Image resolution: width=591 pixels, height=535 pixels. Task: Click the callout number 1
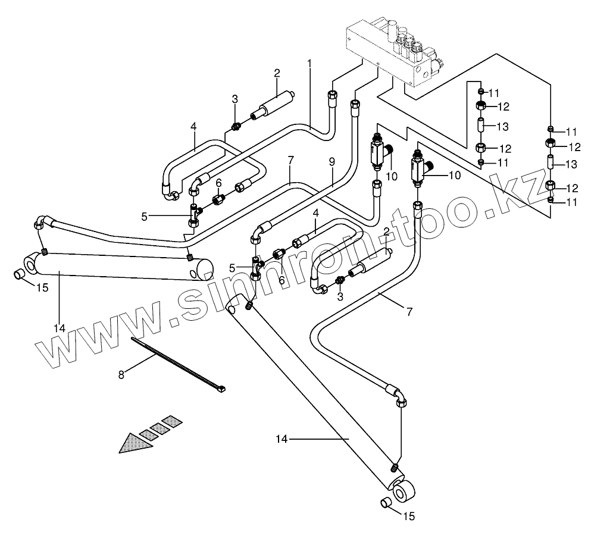click(x=309, y=63)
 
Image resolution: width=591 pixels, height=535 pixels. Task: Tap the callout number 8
click(x=121, y=374)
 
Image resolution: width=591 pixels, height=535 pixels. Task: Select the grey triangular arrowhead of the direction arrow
click(x=133, y=443)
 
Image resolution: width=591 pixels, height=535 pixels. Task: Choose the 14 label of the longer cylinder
click(x=282, y=439)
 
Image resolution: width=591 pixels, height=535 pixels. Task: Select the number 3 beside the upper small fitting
click(x=234, y=99)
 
